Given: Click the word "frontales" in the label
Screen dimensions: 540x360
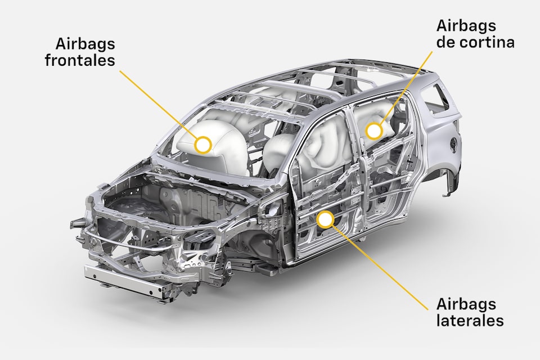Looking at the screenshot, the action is (80, 60).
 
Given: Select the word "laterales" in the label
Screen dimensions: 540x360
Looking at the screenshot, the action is (470, 320).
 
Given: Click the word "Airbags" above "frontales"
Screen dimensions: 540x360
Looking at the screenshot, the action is (85, 44).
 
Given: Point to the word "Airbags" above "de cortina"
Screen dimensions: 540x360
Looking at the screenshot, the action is (466, 25).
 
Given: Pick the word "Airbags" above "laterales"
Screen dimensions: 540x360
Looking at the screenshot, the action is (466, 304).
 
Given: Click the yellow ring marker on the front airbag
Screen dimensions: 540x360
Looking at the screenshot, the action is (202, 145).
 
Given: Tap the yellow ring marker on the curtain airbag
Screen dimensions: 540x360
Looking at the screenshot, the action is (374, 131).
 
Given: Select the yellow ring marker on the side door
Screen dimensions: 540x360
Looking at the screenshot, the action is (325, 219).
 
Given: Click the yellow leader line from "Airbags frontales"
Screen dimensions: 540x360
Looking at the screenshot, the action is (158, 105).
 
